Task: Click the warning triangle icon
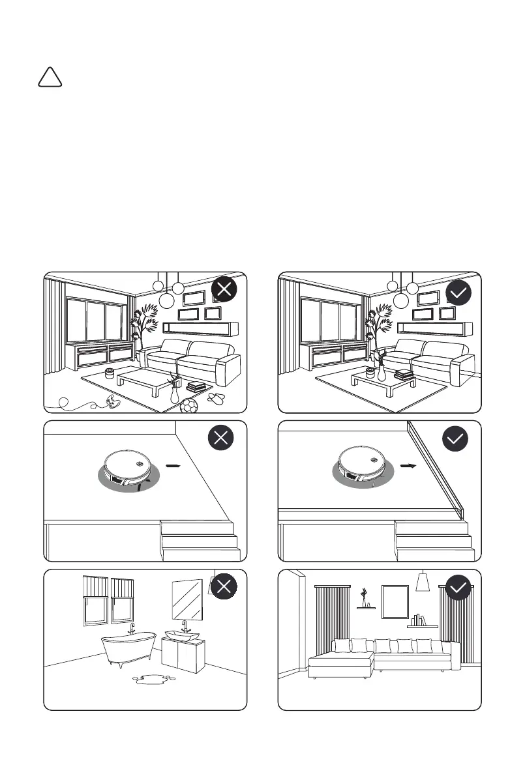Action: (50, 78)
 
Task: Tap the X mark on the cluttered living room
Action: (224, 291)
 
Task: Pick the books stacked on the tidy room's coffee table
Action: (404, 373)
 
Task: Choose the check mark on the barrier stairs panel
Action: (455, 438)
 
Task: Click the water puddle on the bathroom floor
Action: (154, 680)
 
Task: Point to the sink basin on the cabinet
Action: (181, 634)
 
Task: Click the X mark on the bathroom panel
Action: (224, 587)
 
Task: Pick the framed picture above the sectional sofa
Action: (395, 601)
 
